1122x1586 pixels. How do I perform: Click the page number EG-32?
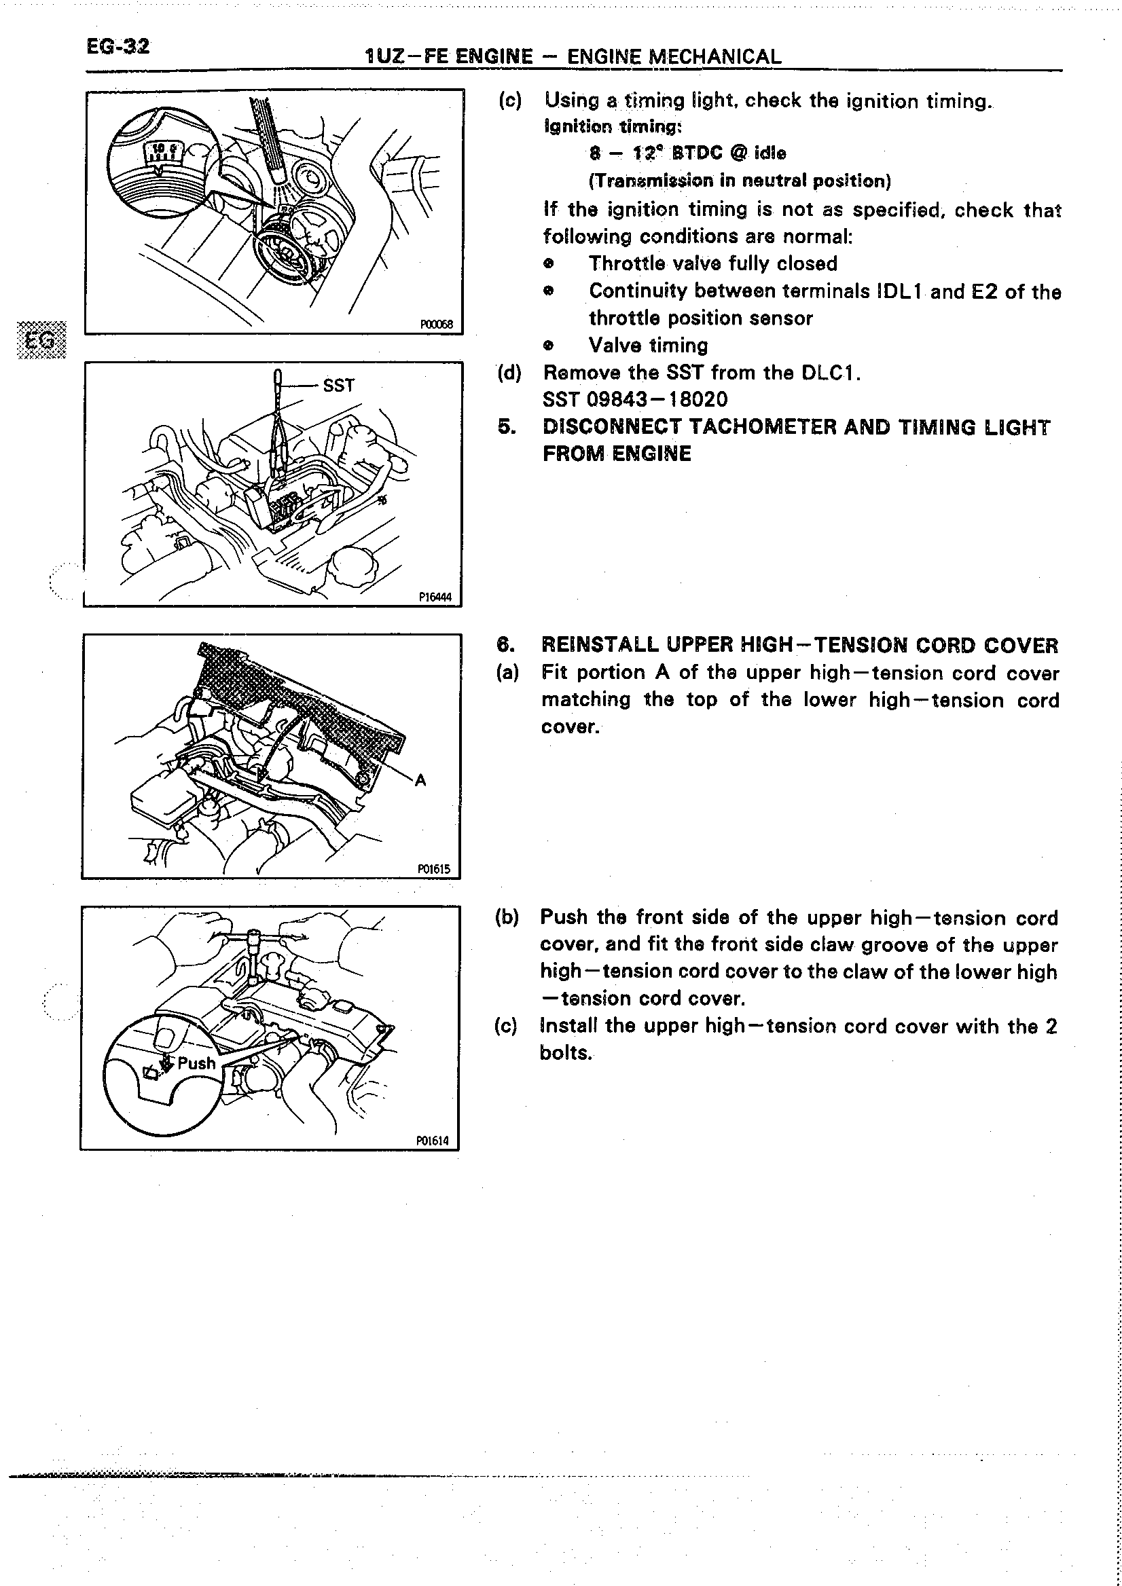tap(117, 46)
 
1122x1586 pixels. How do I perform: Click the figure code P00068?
tap(436, 325)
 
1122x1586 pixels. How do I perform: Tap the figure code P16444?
tap(435, 597)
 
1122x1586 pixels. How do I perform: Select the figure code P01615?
tap(434, 869)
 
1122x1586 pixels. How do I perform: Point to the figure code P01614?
tap(433, 1141)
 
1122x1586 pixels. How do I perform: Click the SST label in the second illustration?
tap(338, 386)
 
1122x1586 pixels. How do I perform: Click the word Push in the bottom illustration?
tap(196, 1063)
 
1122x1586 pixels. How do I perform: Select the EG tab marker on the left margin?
tap(41, 340)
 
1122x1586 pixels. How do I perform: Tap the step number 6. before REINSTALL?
tap(507, 644)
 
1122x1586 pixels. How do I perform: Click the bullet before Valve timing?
tap(549, 345)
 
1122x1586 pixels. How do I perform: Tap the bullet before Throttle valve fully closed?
tap(549, 263)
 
